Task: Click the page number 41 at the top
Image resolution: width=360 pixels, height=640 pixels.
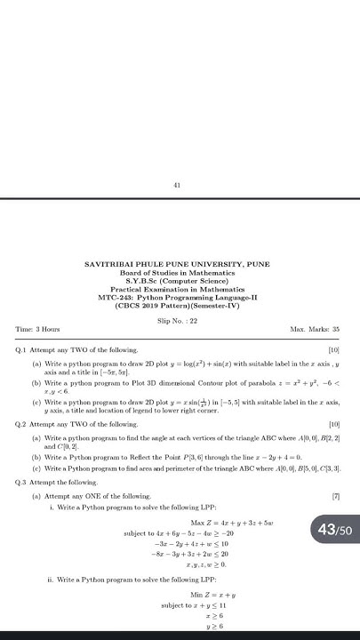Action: pyautogui.click(x=178, y=186)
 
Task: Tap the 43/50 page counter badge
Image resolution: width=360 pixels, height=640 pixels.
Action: pyautogui.click(x=334, y=531)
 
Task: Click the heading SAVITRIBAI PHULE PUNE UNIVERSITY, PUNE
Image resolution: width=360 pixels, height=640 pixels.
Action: pyautogui.click(x=177, y=264)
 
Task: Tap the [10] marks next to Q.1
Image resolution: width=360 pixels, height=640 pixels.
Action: pyautogui.click(x=334, y=350)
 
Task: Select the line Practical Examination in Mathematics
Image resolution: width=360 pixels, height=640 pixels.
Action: pyautogui.click(x=177, y=289)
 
